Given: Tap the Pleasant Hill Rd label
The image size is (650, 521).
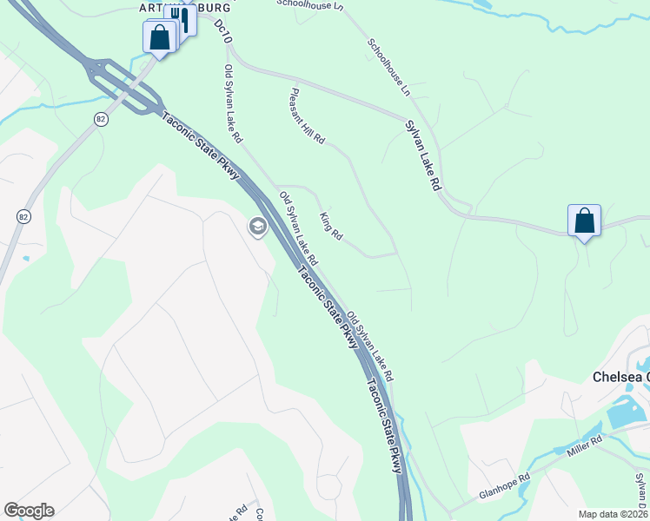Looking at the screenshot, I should pos(308,115).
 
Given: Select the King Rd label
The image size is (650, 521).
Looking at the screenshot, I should pos(331,226).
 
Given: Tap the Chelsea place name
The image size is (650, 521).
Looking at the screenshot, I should pos(620,377).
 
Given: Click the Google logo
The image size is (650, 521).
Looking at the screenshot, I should pos(29,511).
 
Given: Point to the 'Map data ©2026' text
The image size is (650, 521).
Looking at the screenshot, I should pos(613,514).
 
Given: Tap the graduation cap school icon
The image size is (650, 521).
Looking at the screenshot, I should pos(257,228).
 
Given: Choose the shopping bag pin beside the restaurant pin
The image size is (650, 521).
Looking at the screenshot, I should pos(159,37).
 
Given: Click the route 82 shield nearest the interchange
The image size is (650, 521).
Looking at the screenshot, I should pos(102,119).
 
